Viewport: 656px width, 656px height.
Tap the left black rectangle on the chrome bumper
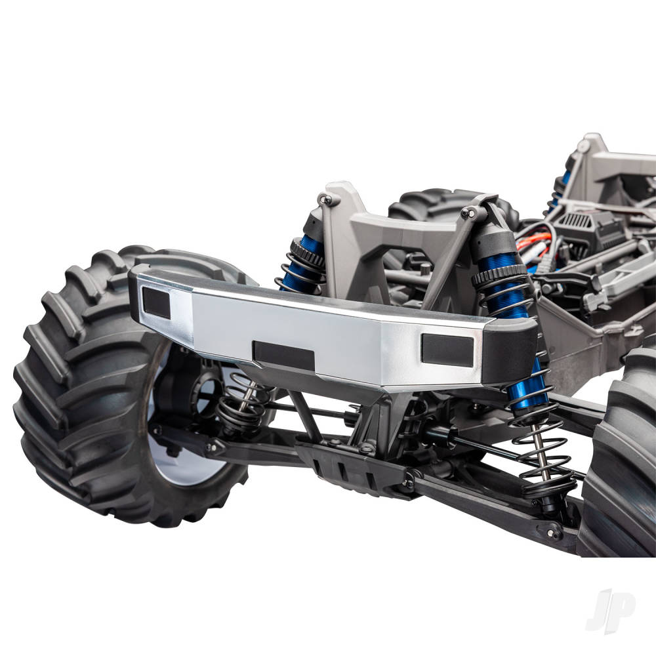[156, 302]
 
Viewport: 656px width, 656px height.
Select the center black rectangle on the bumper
[283, 355]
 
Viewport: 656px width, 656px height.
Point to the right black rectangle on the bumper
[447, 350]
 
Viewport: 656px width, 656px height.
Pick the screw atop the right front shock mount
[467, 213]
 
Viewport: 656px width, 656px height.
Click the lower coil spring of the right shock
[544, 453]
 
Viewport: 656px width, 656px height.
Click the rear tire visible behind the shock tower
[426, 203]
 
